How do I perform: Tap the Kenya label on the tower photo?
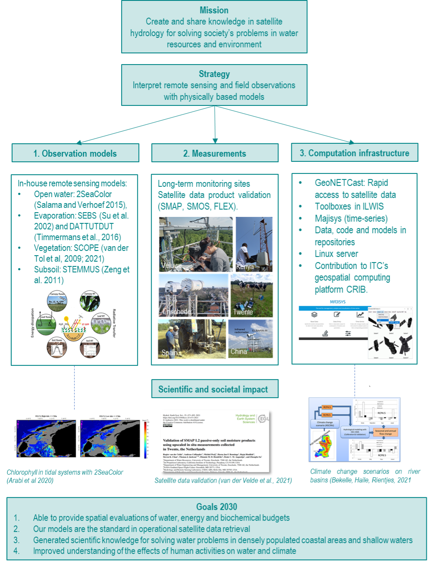[x=245, y=267]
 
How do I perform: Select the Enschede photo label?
[x=177, y=311]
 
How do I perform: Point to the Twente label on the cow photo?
[x=243, y=312]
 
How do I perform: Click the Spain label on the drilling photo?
[x=169, y=353]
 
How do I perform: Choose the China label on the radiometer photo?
[x=238, y=352]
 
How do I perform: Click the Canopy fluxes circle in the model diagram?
[x=57, y=302]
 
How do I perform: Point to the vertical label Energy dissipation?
[x=32, y=322]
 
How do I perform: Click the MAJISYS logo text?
[x=337, y=302]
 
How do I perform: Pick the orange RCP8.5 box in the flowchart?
[x=327, y=415]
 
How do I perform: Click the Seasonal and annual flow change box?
[x=385, y=432]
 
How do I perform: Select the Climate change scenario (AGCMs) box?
[x=325, y=424]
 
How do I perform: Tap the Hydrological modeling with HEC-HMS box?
[x=354, y=432]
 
